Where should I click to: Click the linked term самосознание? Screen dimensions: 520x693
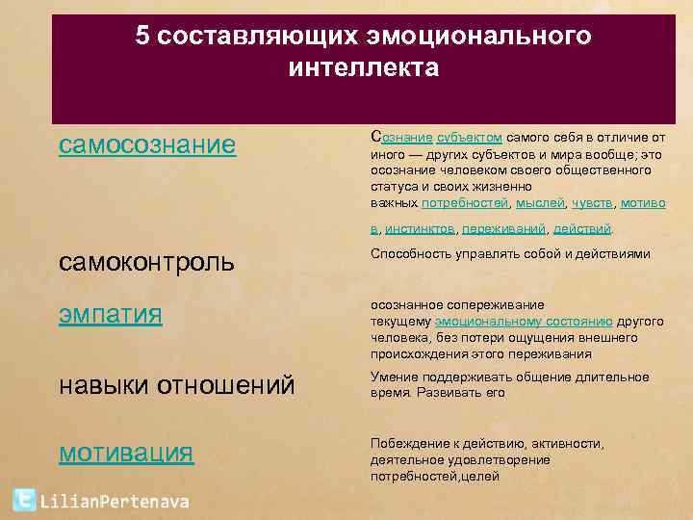tap(146, 145)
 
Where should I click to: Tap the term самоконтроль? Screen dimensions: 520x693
tap(146, 261)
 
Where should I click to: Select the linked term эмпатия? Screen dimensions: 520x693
tap(110, 315)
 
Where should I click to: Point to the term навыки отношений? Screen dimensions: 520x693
tap(176, 386)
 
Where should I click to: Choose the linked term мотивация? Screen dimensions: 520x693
tap(126, 453)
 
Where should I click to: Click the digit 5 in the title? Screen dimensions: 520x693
tap(142, 37)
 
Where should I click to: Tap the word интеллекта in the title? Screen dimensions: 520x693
tap(362, 68)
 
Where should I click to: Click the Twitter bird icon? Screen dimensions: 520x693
tap(24, 500)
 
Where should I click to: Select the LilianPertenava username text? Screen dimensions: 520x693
tap(115, 501)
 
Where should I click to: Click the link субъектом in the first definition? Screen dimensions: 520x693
tap(470, 137)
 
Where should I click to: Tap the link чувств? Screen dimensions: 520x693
tap(592, 203)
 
